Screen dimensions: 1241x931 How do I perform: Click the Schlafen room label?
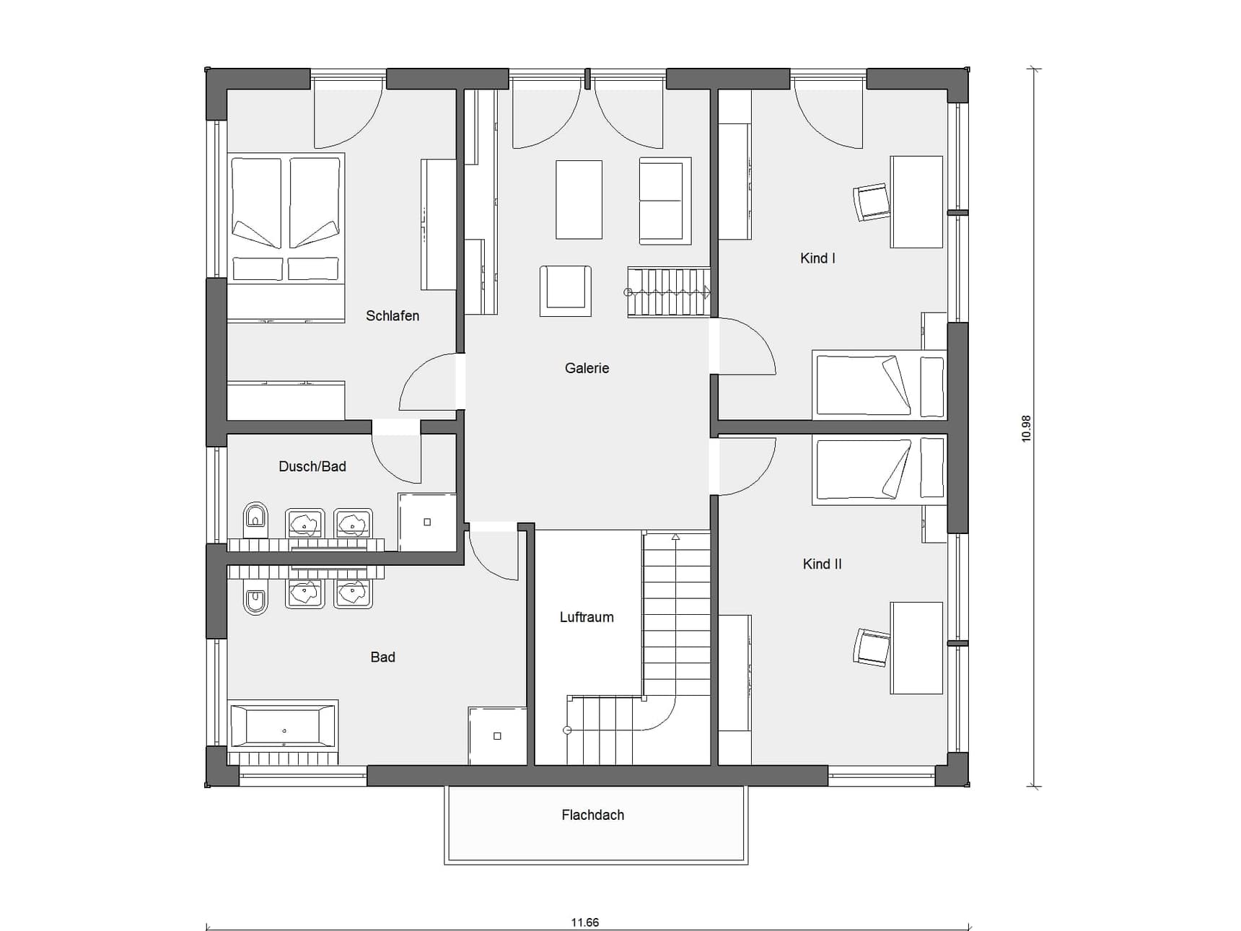[392, 315]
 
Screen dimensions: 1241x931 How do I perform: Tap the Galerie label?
[587, 368]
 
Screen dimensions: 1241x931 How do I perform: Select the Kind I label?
[817, 258]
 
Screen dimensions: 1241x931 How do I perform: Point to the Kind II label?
[822, 564]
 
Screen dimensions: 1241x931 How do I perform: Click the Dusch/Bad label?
[312, 466]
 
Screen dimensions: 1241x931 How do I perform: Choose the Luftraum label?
[587, 617]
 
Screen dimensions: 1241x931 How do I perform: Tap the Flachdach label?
[592, 815]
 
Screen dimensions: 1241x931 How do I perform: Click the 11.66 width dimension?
[584, 922]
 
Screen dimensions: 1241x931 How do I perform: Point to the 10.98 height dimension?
[1026, 428]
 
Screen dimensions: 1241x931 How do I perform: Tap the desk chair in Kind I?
[872, 202]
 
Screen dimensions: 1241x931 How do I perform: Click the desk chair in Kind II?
[872, 647]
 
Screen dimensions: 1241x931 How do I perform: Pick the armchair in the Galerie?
[566, 291]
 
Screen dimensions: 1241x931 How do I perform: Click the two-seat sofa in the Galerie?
[665, 201]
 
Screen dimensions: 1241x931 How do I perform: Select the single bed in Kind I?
[879, 385]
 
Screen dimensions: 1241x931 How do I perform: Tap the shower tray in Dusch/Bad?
[427, 522]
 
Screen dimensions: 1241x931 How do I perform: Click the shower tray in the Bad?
[497, 735]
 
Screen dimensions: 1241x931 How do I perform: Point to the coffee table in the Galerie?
[579, 200]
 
